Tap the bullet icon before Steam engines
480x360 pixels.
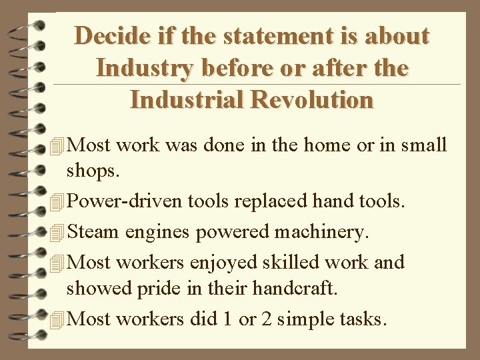(58, 233)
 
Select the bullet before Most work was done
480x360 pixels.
(58, 146)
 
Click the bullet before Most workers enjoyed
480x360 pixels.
(58, 263)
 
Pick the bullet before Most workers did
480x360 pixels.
(58, 319)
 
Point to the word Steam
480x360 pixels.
(95, 231)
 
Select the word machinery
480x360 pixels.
(320, 232)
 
